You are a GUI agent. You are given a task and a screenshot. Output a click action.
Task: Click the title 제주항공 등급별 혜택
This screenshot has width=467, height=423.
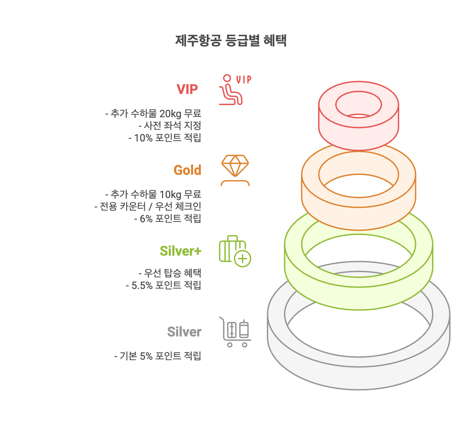(x=231, y=41)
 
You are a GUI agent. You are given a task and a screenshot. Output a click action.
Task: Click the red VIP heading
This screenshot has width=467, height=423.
(x=187, y=89)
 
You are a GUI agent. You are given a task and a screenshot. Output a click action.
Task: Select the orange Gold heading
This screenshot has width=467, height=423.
(x=187, y=170)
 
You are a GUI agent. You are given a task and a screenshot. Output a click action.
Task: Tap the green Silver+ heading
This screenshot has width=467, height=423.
(x=181, y=251)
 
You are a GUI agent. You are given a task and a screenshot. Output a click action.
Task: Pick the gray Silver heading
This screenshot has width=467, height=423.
(x=184, y=332)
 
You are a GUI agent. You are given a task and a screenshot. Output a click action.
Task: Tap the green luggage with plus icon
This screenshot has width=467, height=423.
(x=235, y=251)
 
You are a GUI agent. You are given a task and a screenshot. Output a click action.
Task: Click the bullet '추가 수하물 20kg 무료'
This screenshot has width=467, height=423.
(x=153, y=113)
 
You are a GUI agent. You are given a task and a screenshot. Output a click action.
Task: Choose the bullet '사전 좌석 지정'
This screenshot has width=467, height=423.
(x=170, y=126)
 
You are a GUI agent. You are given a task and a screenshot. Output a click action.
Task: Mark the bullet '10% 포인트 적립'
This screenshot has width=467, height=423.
(x=165, y=138)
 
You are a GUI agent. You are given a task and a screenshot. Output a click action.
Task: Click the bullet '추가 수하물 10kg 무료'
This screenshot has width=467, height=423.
(x=153, y=194)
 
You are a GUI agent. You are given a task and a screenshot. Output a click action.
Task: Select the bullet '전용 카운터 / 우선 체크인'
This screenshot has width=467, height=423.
(x=148, y=206)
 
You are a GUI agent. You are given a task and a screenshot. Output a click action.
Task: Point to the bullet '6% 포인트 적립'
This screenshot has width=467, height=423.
(x=168, y=219)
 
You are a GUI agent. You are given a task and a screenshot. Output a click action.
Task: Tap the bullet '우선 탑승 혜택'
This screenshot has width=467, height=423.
(x=170, y=273)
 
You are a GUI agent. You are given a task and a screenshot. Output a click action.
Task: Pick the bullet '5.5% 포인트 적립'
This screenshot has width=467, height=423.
(x=164, y=285)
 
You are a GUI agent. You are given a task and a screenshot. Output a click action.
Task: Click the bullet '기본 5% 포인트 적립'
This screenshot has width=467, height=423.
(x=158, y=356)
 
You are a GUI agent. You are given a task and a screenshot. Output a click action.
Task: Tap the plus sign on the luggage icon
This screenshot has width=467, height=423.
(x=243, y=259)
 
